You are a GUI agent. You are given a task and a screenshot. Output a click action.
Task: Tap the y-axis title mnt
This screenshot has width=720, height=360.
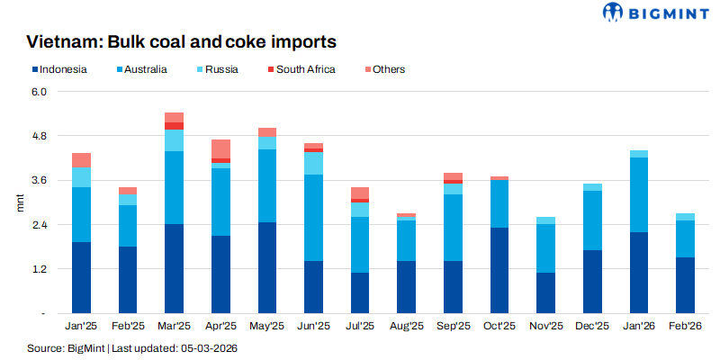(x=21, y=202)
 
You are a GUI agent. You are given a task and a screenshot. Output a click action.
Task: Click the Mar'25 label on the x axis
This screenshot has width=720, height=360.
(x=174, y=326)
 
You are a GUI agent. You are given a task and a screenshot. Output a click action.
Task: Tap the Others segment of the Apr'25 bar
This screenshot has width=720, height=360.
(x=220, y=148)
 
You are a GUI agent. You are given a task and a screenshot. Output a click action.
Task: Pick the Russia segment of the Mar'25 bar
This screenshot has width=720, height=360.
(x=175, y=140)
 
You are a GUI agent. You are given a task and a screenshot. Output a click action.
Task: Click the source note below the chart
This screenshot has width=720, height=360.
(x=131, y=347)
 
